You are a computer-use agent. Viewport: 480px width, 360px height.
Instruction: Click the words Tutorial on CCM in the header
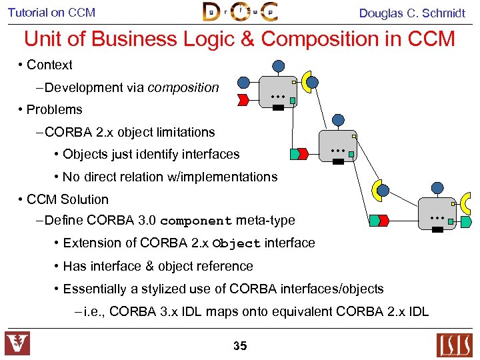[51, 13]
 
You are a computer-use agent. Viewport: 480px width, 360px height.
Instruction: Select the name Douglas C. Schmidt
[412, 13]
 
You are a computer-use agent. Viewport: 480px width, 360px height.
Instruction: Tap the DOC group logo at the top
[240, 12]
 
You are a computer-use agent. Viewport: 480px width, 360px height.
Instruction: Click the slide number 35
[240, 345]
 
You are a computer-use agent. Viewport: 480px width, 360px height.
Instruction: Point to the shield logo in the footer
[17, 343]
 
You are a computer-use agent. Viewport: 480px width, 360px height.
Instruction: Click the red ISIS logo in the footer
[454, 345]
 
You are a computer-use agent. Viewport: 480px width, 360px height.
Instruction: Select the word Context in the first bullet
[49, 65]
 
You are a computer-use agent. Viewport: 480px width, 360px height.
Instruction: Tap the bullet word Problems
[54, 110]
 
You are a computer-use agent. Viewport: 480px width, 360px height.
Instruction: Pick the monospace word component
[196, 221]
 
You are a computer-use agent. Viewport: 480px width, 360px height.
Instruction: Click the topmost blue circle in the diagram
[279, 65]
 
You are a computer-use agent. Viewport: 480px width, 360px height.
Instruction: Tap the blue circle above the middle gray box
[339, 120]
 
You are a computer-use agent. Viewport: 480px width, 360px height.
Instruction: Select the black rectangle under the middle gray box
[338, 161]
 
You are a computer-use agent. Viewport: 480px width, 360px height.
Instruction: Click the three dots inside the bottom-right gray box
[437, 218]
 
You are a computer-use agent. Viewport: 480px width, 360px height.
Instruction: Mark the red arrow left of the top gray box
[243, 100]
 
